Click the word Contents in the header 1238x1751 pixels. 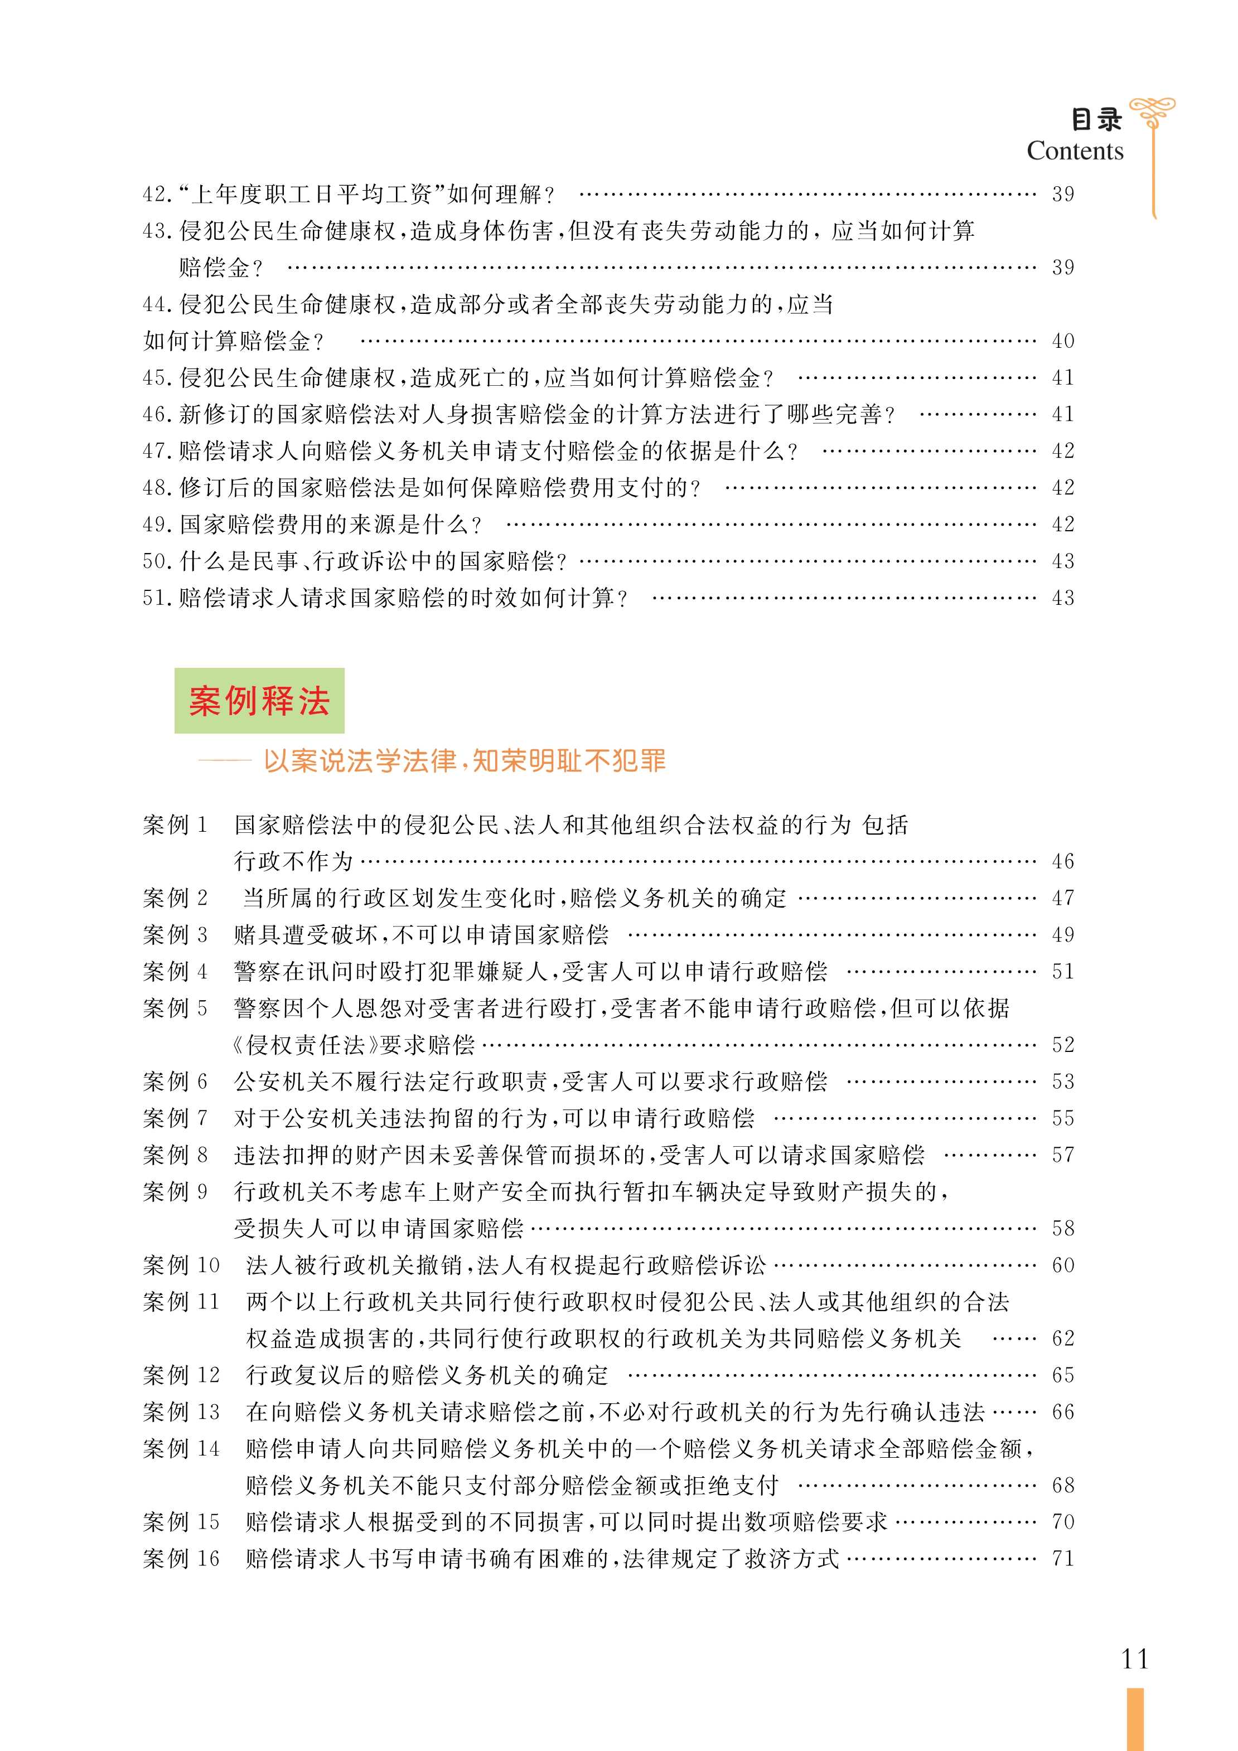click(1074, 151)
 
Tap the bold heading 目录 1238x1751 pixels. click(1096, 120)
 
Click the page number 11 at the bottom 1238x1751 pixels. click(1134, 1658)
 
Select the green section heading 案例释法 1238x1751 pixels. click(259, 700)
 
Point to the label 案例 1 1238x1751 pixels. click(175, 824)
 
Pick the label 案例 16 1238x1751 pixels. click(181, 1558)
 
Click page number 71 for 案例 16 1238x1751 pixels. click(1062, 1558)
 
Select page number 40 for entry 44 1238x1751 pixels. click(1062, 341)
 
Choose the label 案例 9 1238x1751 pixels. click(175, 1191)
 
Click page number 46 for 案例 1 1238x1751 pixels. click(1062, 861)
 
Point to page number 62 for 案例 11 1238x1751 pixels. click(1062, 1338)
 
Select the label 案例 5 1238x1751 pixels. click(175, 1008)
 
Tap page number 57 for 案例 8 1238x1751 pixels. click(1062, 1155)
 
